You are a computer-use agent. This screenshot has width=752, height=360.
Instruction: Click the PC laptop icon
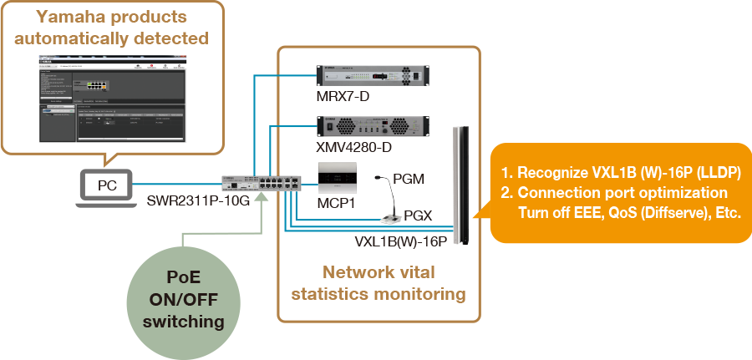pyautogui.click(x=108, y=185)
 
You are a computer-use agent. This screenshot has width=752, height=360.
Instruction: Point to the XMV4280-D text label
pyautogui.click(x=353, y=148)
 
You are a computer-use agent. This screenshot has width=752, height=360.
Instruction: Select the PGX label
pyautogui.click(x=418, y=215)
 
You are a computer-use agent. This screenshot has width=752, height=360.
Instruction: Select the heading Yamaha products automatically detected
pyautogui.click(x=112, y=28)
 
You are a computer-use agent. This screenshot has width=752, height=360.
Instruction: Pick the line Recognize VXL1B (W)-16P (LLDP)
pyautogui.click(x=622, y=173)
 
